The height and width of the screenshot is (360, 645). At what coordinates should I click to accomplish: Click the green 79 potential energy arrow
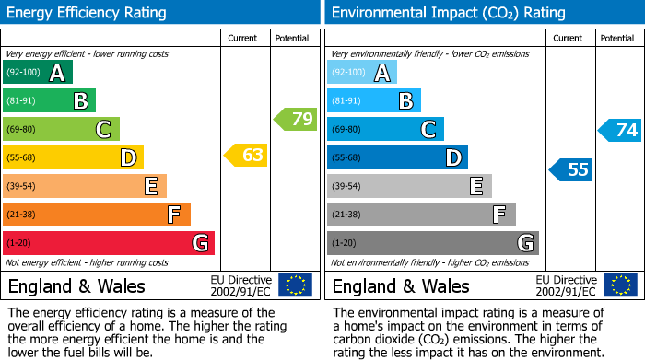[296, 119]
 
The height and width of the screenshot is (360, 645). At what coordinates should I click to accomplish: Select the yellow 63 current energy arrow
[247, 155]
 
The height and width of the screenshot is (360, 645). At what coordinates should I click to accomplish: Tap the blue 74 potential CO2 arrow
[620, 130]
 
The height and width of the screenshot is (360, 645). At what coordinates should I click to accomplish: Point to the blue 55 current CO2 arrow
[571, 169]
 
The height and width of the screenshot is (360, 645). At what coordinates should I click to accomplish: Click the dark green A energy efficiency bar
[37, 73]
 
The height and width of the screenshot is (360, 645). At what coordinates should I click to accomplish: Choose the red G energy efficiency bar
[108, 243]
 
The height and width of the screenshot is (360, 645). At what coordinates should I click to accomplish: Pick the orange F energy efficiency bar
[96, 215]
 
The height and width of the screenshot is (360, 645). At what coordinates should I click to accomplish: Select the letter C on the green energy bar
[104, 130]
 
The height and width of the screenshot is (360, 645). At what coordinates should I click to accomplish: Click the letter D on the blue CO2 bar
[452, 158]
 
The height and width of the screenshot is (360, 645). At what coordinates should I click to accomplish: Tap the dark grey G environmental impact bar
[432, 243]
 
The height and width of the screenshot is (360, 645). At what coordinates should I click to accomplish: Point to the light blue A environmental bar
[361, 73]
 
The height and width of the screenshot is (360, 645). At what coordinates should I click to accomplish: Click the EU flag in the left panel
[295, 285]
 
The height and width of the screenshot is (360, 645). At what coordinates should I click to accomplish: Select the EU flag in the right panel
[621, 285]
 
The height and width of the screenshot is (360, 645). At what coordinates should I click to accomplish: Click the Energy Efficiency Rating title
[88, 13]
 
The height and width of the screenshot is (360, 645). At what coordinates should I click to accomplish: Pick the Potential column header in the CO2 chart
[617, 38]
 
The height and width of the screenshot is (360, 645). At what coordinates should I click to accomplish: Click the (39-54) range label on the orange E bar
[22, 187]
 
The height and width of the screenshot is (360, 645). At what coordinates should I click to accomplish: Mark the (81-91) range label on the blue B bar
[346, 101]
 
